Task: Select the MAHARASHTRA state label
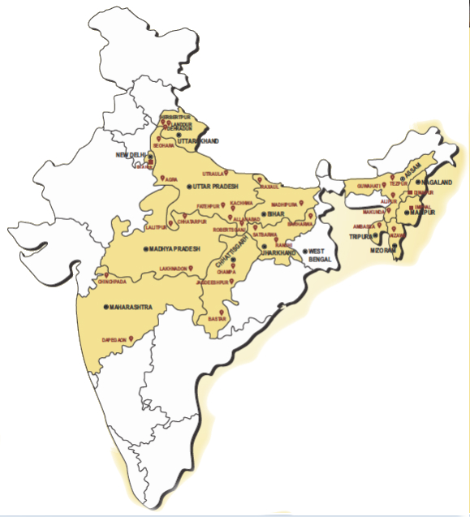coord(132,308)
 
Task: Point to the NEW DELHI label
coord(132,154)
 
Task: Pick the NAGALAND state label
coord(436,183)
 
